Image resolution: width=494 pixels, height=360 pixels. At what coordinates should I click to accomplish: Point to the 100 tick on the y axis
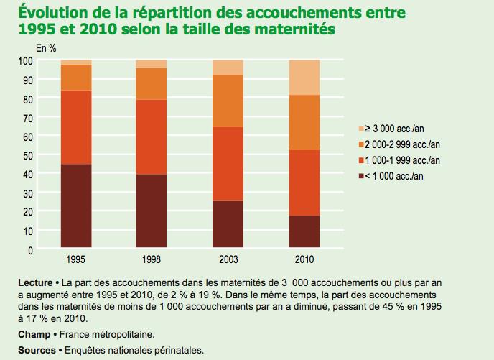27,60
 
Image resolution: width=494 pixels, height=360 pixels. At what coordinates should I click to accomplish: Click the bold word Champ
34,335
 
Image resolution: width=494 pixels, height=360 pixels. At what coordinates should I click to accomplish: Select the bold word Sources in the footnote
37,350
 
